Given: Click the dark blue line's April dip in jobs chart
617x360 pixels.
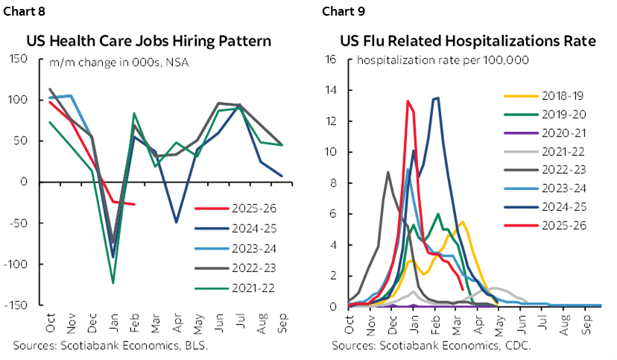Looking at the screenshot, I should point(177,222).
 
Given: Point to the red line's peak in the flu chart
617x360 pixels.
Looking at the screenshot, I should point(408,101).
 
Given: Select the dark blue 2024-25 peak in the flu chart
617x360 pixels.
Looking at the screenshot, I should point(437,98).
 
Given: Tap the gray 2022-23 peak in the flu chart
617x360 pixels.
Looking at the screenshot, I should point(388,172).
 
